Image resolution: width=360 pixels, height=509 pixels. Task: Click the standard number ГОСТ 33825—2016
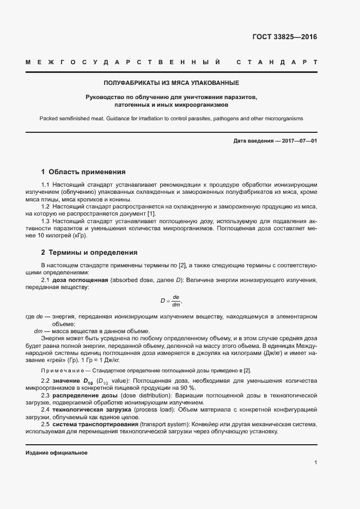[x=284, y=37]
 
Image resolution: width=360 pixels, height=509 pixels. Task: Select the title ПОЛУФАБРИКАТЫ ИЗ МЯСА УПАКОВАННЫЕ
[x=172, y=83]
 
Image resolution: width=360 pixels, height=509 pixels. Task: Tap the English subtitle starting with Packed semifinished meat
[x=172, y=118]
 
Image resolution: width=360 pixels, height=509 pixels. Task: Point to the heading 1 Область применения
[x=83, y=171]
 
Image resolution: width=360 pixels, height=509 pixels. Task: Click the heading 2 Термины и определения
[x=89, y=253]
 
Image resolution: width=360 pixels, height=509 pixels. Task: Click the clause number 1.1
[x=46, y=185]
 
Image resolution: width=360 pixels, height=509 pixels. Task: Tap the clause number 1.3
[x=46, y=221]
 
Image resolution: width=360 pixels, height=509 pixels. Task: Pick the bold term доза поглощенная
[x=80, y=280]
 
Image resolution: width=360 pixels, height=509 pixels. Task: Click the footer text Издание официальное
[x=57, y=453]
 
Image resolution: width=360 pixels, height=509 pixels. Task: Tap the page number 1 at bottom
[x=315, y=463]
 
